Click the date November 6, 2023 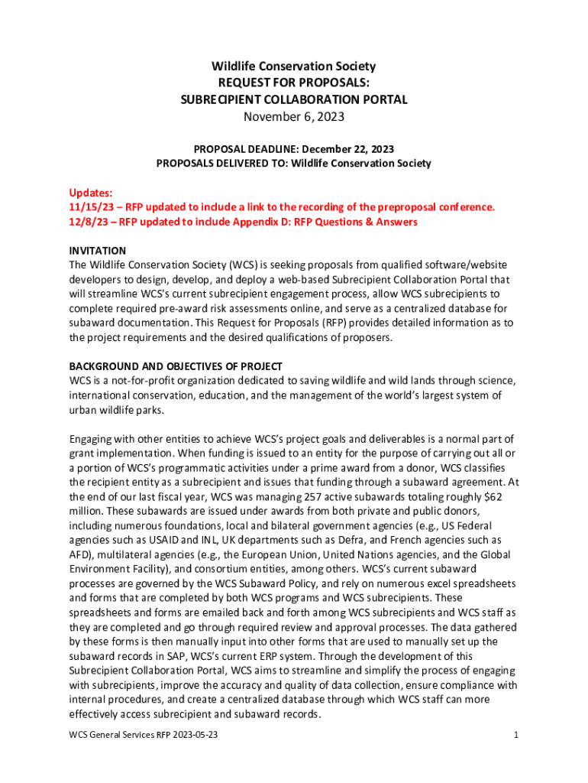click(x=294, y=117)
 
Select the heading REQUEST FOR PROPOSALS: click(x=294, y=83)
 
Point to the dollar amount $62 click(x=490, y=497)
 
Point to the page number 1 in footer click(x=516, y=735)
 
